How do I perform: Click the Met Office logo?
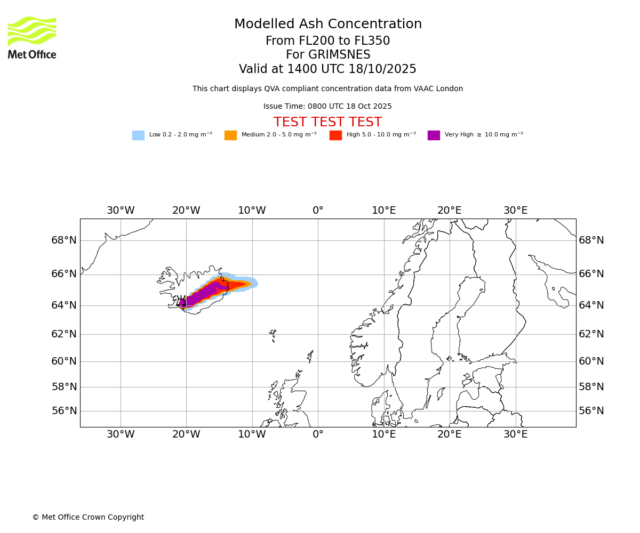[x=32, y=37]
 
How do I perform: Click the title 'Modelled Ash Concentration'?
[x=327, y=25]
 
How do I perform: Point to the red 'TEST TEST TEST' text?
[x=327, y=123]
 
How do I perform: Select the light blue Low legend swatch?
[x=138, y=135]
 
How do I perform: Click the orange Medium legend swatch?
[x=230, y=135]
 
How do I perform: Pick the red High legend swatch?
[x=335, y=135]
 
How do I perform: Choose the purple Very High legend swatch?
[x=434, y=135]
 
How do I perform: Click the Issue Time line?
[x=327, y=107]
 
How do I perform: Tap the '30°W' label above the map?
[x=121, y=211]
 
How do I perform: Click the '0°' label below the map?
[x=318, y=434]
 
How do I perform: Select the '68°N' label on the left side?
[x=64, y=240]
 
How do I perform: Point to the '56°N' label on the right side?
[x=591, y=411]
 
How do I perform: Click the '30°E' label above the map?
[x=516, y=211]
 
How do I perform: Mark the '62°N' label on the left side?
[x=64, y=334]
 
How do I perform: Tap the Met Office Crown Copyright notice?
[x=88, y=518]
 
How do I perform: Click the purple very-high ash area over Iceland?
[x=208, y=292]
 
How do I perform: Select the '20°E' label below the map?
[x=450, y=434]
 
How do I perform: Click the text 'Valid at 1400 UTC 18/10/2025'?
[x=327, y=69]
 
